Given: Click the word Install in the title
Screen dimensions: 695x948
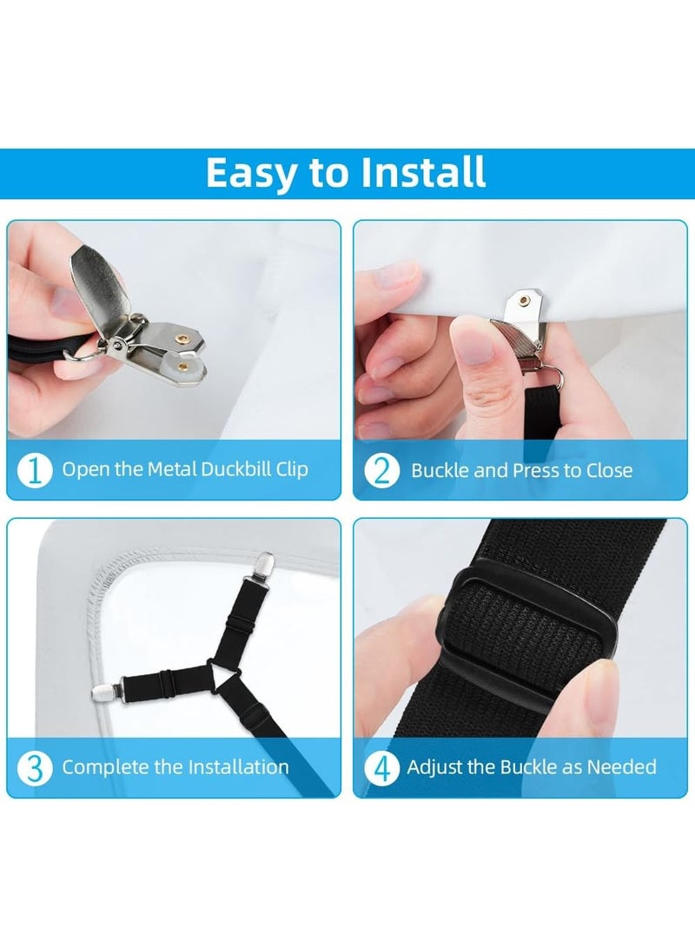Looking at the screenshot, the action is [x=423, y=172].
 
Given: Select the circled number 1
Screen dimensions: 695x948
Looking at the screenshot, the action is [x=35, y=470].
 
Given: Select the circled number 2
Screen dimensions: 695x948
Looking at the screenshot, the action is [x=381, y=471].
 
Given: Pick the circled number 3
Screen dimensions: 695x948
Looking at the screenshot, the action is [x=35, y=768].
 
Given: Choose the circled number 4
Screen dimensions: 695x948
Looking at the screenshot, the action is [x=381, y=768].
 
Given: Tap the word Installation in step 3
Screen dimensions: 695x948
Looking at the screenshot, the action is [x=238, y=766].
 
